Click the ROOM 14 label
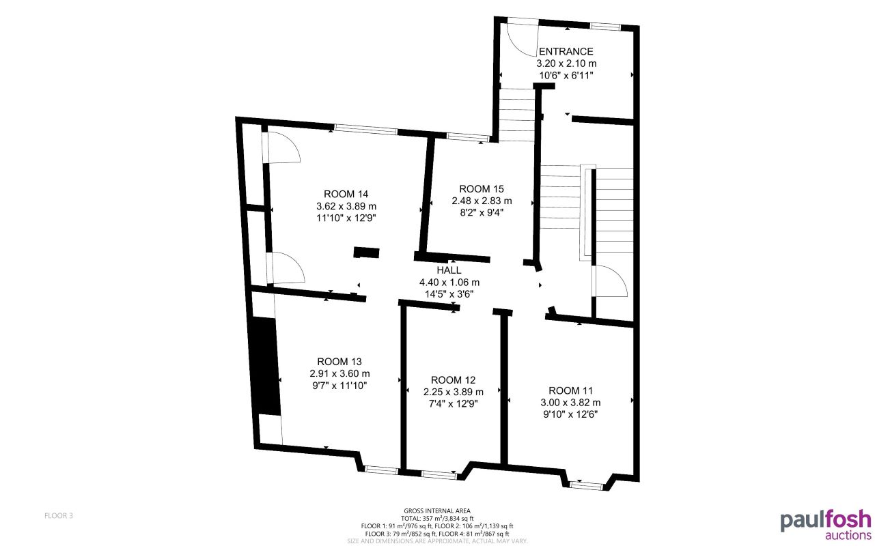click(x=346, y=194)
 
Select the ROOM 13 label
click(x=339, y=361)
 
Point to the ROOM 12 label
click(x=454, y=379)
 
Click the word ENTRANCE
click(x=566, y=51)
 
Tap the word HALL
click(x=449, y=270)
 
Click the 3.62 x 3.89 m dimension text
click(x=346, y=206)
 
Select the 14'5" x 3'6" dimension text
click(x=449, y=293)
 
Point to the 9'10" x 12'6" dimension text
click(x=570, y=414)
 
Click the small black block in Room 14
click(x=366, y=253)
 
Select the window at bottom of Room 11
click(x=587, y=485)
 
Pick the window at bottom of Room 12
click(x=439, y=474)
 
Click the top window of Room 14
click(x=365, y=128)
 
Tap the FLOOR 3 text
click(x=59, y=515)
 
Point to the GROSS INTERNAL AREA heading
click(x=437, y=511)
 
